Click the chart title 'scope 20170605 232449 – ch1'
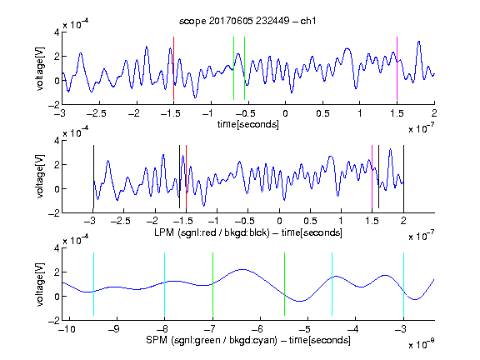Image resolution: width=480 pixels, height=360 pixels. tap(247, 21)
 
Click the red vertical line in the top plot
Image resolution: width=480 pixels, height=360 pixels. tap(173, 68)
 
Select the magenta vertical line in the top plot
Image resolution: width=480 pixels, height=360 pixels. tap(397, 68)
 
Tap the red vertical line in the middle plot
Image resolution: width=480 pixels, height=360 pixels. tap(186, 177)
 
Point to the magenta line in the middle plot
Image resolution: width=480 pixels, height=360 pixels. tap(372, 177)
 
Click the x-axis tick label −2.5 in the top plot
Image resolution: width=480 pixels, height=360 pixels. tap(96, 113)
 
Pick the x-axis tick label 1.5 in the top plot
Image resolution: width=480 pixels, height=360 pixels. tap(397, 113)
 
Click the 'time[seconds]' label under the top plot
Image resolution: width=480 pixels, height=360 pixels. tap(248, 124)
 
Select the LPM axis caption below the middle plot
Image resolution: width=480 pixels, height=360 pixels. tap(248, 232)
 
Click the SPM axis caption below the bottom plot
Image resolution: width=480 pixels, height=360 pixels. tap(248, 340)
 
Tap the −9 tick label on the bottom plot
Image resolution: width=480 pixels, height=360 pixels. tap(114, 329)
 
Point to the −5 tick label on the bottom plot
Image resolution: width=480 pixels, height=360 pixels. tap(305, 329)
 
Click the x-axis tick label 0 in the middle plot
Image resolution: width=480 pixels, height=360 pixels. tap(279, 221)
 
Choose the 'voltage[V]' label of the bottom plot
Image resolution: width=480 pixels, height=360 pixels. tap(40, 284)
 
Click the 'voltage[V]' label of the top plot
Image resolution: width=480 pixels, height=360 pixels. tap(40, 68)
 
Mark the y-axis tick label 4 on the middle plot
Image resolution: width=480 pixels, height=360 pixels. tap(57, 141)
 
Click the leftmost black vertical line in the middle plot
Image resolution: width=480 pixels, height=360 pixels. tap(93, 177)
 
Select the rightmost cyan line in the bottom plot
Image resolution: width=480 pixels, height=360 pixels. tap(404, 284)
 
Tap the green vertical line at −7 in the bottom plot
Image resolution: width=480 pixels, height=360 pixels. tap(212, 284)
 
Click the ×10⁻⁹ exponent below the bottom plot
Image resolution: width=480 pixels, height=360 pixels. tap(421, 344)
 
